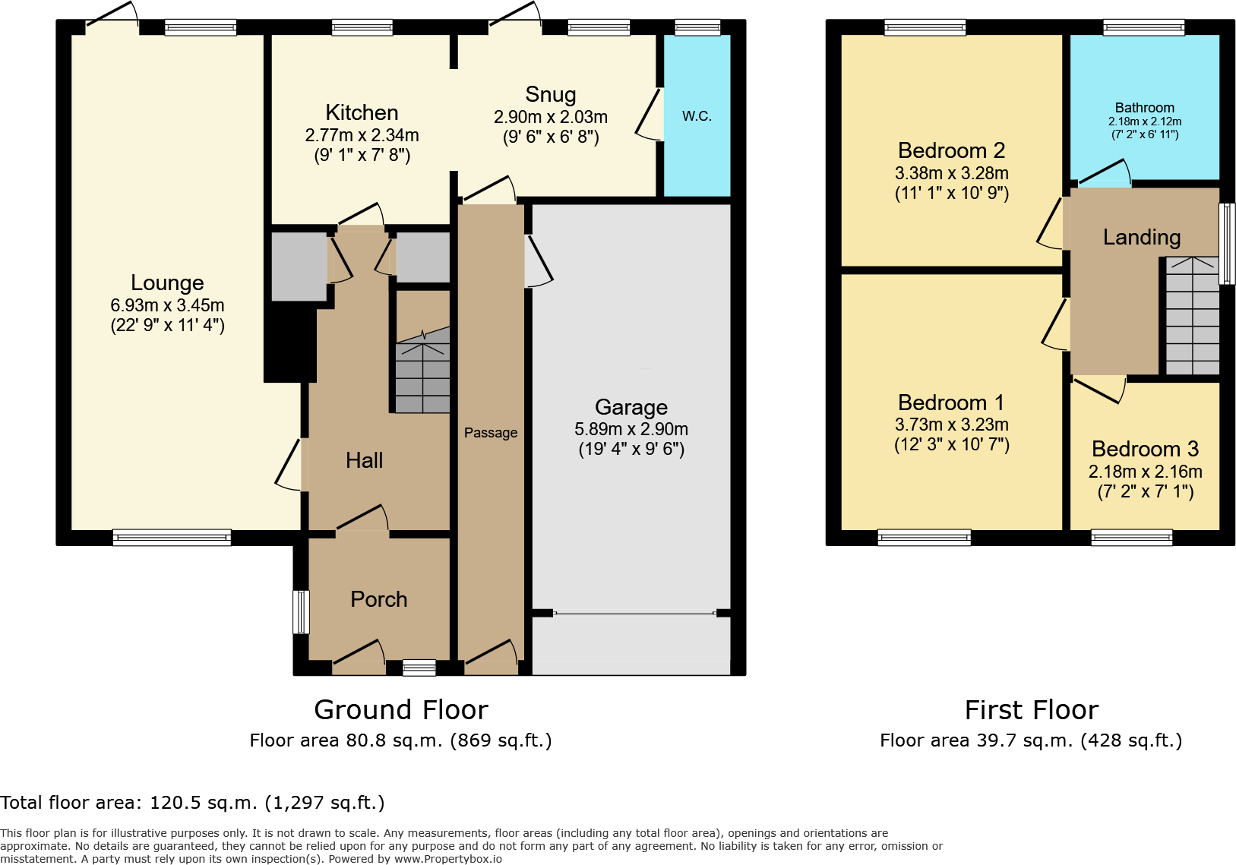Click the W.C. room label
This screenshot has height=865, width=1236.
[697, 116]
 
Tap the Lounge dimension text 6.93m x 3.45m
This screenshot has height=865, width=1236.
[167, 305]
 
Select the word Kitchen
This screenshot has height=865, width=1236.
[362, 112]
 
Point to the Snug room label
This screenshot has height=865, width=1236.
[551, 94]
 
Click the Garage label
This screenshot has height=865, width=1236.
[631, 407]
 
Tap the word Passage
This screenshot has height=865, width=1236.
[491, 433]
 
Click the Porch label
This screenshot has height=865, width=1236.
[378, 599]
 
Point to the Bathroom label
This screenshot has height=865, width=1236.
[1144, 108]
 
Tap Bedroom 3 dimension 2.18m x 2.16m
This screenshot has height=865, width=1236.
[1145, 472]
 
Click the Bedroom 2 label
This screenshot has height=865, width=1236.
[951, 150]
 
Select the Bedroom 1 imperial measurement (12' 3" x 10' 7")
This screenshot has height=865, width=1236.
[951, 444]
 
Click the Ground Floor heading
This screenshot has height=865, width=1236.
[400, 710]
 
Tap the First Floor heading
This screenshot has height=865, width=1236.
[1031, 710]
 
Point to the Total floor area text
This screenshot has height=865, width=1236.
[192, 803]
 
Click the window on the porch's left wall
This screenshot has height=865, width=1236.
[301, 611]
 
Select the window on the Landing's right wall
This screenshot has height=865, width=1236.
[1226, 243]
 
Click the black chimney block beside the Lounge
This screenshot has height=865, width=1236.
[289, 342]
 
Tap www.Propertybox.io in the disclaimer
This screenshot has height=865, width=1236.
[447, 859]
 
